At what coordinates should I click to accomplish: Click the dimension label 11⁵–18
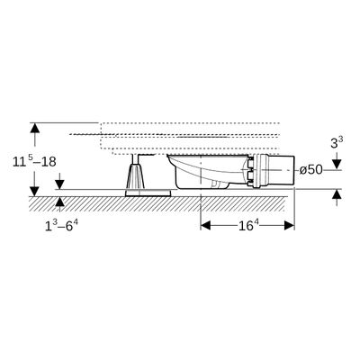point(34,162)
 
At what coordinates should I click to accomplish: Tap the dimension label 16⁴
point(247,225)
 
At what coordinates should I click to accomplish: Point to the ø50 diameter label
point(311,170)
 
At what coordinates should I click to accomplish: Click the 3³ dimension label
point(337,142)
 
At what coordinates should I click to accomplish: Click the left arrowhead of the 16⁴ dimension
point(205,225)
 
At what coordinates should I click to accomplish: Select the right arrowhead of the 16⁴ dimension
point(289,225)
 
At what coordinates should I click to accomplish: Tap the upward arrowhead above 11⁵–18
point(35,128)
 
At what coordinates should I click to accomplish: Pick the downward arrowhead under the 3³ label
point(337,165)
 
